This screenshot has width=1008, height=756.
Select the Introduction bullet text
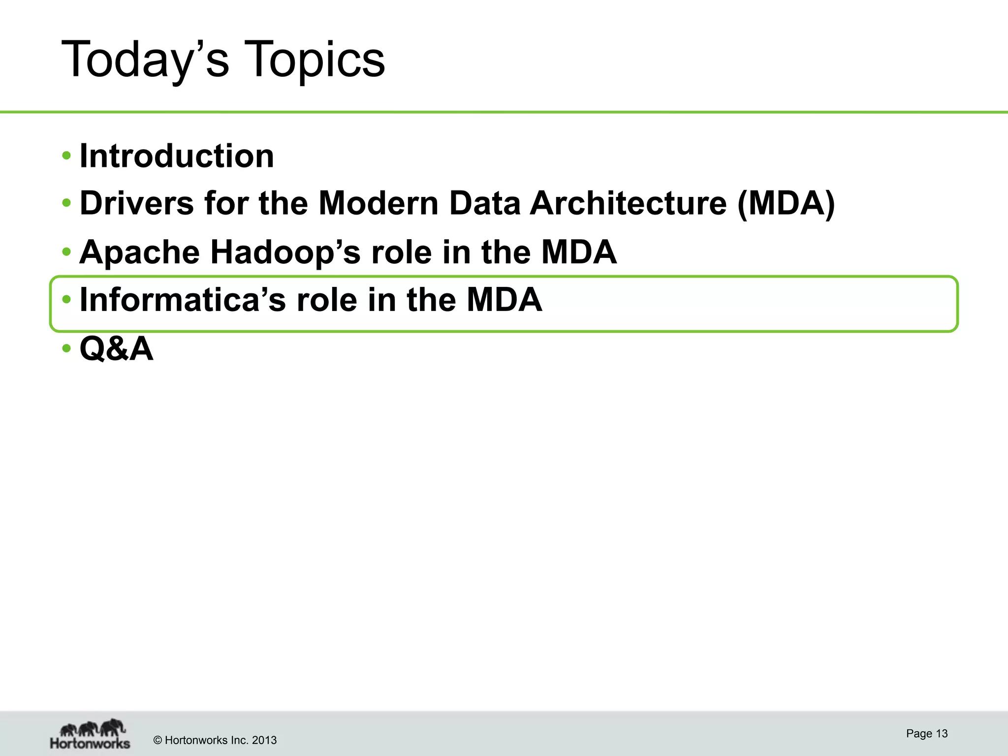[177, 156]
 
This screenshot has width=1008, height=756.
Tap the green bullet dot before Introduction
[66, 156]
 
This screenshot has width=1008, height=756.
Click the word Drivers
[137, 203]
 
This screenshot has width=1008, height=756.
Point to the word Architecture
[628, 203]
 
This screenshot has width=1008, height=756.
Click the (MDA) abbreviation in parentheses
[786, 203]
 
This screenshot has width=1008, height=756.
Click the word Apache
[140, 252]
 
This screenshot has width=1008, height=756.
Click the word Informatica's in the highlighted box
[183, 300]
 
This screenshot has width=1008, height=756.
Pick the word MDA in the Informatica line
[504, 300]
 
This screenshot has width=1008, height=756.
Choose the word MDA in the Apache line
[579, 252]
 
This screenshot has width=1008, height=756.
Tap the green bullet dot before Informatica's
[66, 299]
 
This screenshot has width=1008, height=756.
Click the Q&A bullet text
[117, 348]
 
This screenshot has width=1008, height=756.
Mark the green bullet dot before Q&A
[66, 348]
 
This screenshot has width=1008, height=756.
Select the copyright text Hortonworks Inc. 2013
[215, 740]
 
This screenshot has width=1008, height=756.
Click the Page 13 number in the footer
[927, 733]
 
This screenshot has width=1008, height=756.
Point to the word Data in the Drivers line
[484, 203]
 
